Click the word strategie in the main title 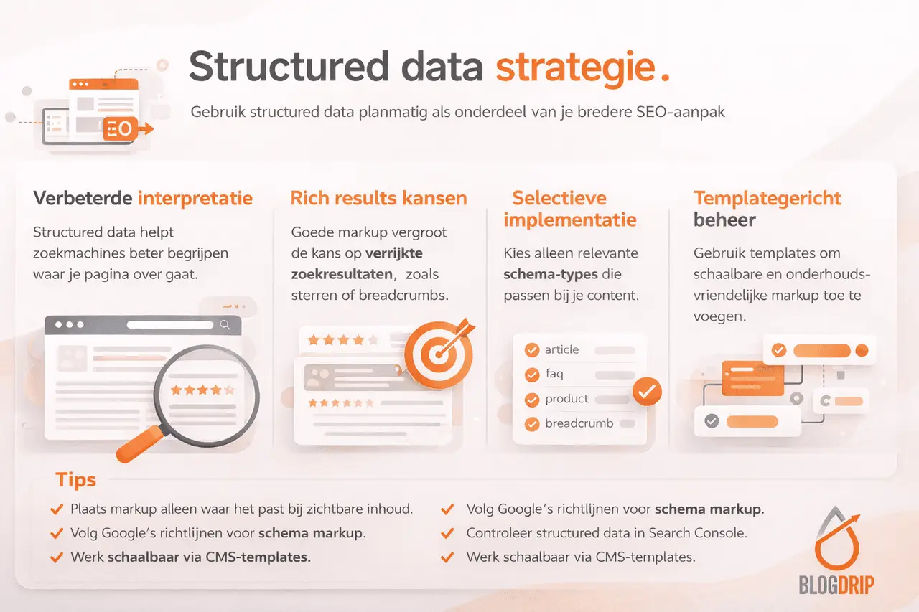pos(575,67)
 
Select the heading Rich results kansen pos(378,198)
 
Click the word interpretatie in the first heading pos(195,198)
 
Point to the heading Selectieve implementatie pos(569,209)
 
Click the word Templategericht pos(767,198)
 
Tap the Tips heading pos(75,480)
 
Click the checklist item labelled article pos(561,349)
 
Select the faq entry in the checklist pos(554,374)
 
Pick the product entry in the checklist pos(566,399)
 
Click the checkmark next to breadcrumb pos(532,424)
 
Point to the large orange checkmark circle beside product pos(647,391)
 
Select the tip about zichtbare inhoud pos(241,509)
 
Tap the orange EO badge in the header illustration pos(119,129)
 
